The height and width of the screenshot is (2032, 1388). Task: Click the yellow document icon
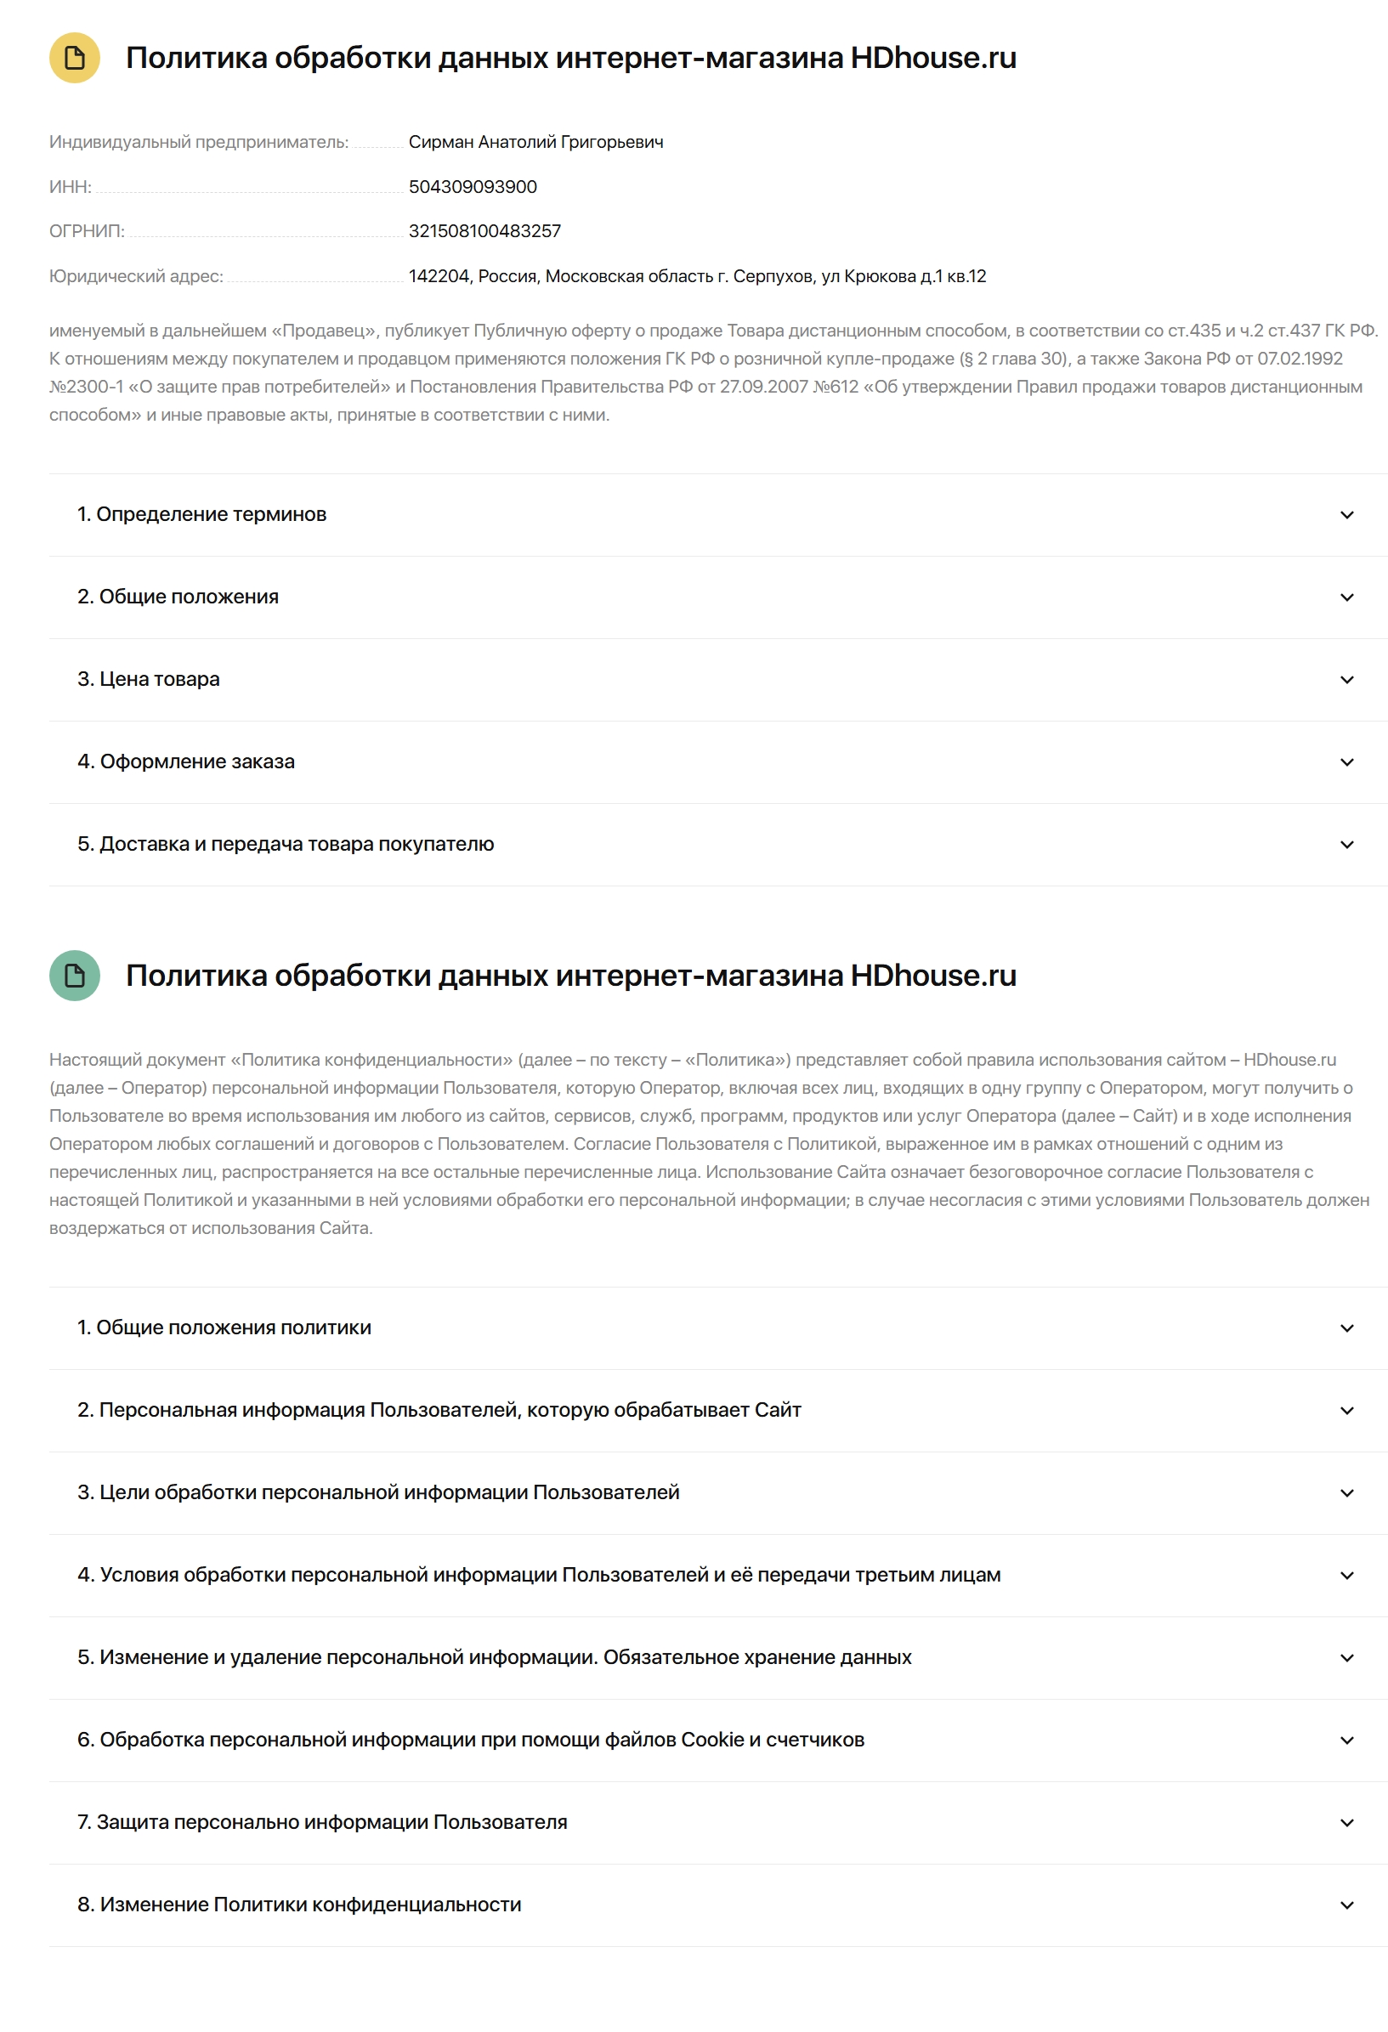(74, 58)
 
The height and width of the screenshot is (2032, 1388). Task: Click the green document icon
(74, 975)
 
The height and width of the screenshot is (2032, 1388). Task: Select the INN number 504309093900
(473, 187)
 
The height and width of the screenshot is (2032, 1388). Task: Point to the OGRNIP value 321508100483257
(484, 231)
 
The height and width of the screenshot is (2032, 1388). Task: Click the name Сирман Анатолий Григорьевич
(535, 142)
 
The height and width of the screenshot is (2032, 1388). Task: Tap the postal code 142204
(439, 276)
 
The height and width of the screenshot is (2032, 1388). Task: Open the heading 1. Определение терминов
(201, 514)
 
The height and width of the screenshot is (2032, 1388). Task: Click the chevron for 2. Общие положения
(1346, 597)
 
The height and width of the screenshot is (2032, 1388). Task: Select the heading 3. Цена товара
(149, 679)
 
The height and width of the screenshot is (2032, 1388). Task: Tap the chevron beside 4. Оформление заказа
(1346, 762)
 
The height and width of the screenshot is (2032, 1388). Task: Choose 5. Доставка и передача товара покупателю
(285, 844)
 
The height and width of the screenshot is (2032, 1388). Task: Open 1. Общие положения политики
(224, 1327)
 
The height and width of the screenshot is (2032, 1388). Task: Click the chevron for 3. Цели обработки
(1346, 1493)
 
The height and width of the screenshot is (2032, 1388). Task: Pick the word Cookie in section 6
(712, 1740)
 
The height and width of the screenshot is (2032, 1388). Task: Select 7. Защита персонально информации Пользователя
(322, 1822)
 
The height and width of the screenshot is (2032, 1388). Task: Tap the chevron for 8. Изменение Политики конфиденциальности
(1346, 1905)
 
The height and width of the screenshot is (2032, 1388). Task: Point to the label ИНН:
(70, 187)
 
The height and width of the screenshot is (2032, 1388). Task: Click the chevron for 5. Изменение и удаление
(1346, 1658)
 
